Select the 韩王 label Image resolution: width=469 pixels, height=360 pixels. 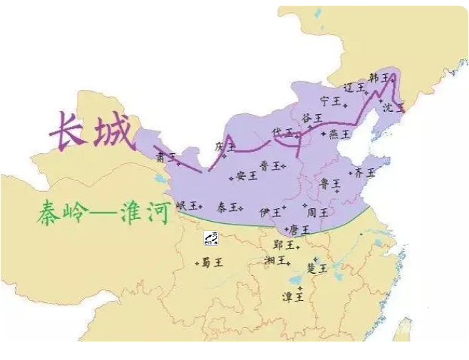[379, 78]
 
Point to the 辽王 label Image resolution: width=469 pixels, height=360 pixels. [354, 88]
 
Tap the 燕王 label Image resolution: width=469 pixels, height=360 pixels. [339, 133]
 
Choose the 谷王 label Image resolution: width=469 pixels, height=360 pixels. [311, 117]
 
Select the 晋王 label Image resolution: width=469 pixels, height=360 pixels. [269, 165]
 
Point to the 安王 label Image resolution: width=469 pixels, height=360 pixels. [246, 175]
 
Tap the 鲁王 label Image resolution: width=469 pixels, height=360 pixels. [329, 183]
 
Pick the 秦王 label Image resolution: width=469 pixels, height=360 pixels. [227, 207]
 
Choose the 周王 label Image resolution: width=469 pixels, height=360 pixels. [316, 212]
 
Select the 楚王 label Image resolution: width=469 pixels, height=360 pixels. [316, 268]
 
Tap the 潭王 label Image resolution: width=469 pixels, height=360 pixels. [294, 296]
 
